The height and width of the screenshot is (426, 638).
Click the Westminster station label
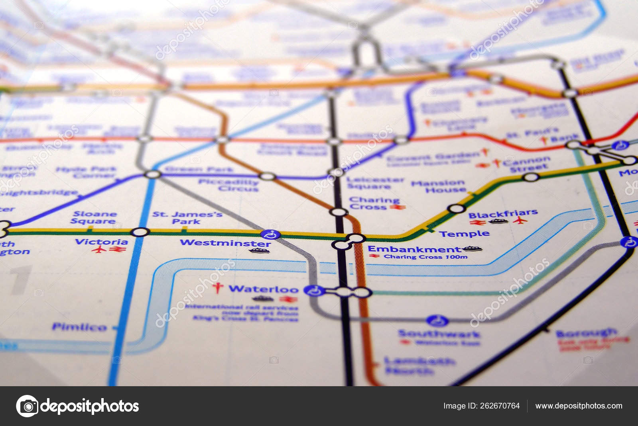[x=225, y=242]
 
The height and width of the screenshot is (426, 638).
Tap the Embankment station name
[x=414, y=250]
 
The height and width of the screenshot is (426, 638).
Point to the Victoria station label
[x=101, y=242]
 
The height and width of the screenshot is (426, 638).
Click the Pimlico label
[x=79, y=327]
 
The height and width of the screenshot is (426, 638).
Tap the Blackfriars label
[x=503, y=214]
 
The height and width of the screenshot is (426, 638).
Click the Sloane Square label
[x=95, y=217]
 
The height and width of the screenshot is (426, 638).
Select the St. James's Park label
[x=187, y=217]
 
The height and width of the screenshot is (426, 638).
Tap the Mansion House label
[x=438, y=186]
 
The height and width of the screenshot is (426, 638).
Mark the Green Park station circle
[x=152, y=174]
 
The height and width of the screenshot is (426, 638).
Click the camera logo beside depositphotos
[x=27, y=406]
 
